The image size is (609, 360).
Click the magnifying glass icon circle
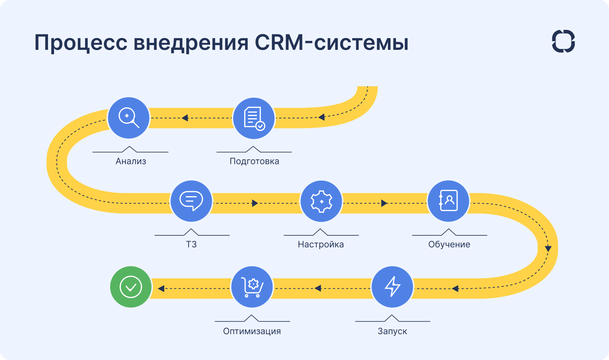(129, 118)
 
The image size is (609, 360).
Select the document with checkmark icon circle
(254, 118)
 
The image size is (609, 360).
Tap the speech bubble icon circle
(191, 201)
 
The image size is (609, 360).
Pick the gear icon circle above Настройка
(321, 201)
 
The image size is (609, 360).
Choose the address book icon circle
(448, 201)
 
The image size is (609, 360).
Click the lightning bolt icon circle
(392, 287)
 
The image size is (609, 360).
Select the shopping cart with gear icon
(252, 287)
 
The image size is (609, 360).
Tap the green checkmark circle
(131, 287)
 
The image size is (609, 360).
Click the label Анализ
(131, 161)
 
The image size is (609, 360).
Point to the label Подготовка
(254, 161)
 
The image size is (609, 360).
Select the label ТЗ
(191, 244)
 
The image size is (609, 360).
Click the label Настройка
(321, 244)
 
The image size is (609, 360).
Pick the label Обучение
(449, 244)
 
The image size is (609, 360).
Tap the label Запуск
(392, 331)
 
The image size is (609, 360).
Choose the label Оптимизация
(252, 331)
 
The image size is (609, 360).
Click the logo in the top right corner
(563, 41)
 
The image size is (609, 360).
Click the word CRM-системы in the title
(331, 42)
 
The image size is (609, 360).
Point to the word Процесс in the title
(81, 42)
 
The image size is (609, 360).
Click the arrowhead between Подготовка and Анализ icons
(185, 118)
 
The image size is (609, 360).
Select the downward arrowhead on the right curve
(548, 248)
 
